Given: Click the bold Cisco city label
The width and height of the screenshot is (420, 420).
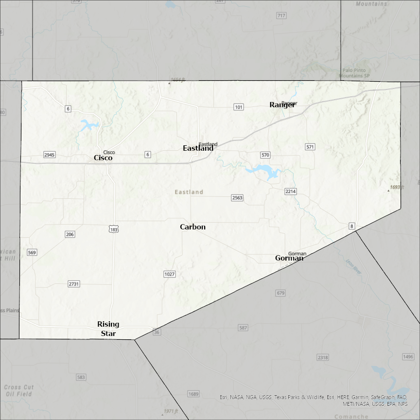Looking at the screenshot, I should click(x=103, y=158).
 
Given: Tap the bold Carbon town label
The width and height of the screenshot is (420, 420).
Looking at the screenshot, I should click(x=192, y=227).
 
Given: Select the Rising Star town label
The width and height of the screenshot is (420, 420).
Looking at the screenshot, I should click(x=108, y=329).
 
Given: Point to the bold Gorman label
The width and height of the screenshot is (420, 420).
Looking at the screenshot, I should click(x=289, y=258).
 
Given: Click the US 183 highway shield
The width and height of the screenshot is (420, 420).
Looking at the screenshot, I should click(x=114, y=229).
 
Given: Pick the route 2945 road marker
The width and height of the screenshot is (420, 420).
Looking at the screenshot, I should click(x=50, y=155).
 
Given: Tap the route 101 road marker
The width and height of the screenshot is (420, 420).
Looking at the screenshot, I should click(x=238, y=107).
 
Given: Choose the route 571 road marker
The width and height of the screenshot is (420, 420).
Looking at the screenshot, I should click(x=310, y=147).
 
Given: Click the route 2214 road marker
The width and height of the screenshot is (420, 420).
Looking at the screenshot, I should click(x=290, y=192).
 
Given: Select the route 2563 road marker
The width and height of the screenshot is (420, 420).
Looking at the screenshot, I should click(x=237, y=198).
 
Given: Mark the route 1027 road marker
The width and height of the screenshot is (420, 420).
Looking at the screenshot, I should click(x=169, y=274).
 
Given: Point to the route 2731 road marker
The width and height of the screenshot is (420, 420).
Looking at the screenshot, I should click(x=74, y=283).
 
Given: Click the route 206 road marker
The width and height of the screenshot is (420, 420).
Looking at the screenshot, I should click(x=70, y=234).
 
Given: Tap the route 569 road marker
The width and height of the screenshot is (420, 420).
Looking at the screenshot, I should click(x=32, y=252).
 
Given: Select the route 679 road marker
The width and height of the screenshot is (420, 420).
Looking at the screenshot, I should click(x=280, y=293).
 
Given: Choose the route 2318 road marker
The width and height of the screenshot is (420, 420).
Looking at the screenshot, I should click(x=322, y=357).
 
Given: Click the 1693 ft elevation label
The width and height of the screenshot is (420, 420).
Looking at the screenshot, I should click(x=397, y=187).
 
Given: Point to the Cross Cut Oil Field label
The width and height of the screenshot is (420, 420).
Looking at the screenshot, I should click(x=19, y=390).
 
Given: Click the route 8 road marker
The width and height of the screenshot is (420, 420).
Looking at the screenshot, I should click(x=351, y=226).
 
